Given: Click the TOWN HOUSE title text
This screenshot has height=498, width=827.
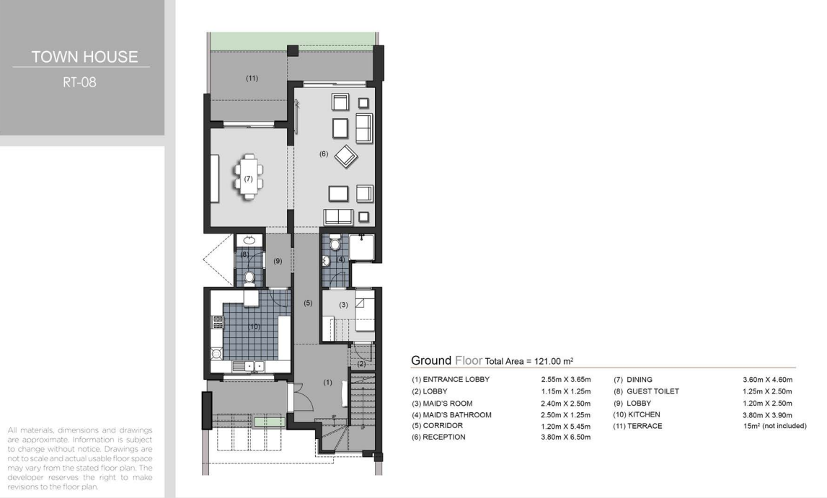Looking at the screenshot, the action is point(84,56).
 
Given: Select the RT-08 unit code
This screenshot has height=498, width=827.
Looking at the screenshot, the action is point(79,82).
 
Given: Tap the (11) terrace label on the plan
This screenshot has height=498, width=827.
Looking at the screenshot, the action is point(252,78).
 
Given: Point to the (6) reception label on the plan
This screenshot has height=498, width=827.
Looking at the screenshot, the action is point(324,154).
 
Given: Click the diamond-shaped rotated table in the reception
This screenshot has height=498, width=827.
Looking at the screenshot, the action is point(346,156).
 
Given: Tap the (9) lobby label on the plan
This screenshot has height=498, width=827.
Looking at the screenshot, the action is point(278,261).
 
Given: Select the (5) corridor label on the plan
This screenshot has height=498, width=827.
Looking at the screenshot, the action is point(308,303).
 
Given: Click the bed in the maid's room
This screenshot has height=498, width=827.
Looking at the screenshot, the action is point(364,311).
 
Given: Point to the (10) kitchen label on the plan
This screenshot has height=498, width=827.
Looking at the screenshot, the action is point(255,326).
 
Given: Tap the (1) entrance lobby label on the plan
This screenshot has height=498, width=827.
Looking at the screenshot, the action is point(327,383).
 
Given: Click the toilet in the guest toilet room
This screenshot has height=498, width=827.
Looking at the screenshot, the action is point(249,278).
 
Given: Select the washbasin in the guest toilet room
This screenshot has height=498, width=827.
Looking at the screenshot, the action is point(249,240).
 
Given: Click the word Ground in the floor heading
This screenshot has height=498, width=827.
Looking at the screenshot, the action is point(431,360).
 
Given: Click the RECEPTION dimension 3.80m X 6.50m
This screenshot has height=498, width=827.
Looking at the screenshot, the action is point(566,437).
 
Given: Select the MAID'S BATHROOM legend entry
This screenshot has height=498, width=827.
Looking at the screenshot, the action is point(451,415).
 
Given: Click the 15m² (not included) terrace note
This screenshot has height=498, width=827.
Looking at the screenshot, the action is point(775,426).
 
